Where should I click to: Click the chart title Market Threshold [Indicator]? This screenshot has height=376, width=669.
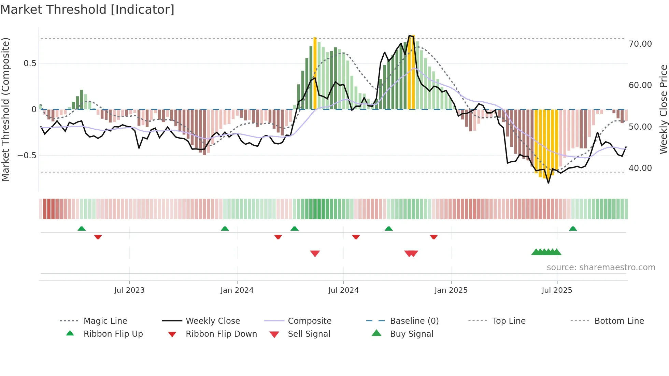click(87, 10)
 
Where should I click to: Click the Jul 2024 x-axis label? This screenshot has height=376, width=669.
click(343, 290)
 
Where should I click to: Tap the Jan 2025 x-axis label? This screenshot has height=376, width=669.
click(451, 290)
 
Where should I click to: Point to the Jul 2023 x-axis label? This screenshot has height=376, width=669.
click(129, 290)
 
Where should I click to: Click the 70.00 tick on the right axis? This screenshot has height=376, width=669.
click(640, 44)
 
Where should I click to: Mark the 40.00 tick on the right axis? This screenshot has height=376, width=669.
click(640, 168)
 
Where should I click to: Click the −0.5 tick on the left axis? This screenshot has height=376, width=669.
click(27, 156)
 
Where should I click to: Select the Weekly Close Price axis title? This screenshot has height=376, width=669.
click(663, 109)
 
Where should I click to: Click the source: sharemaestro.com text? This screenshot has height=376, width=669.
click(601, 267)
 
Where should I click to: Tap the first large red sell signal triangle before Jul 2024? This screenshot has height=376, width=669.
click(315, 254)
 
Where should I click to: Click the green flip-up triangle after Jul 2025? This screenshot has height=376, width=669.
click(573, 229)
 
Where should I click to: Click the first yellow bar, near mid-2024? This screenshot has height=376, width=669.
click(315, 73)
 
